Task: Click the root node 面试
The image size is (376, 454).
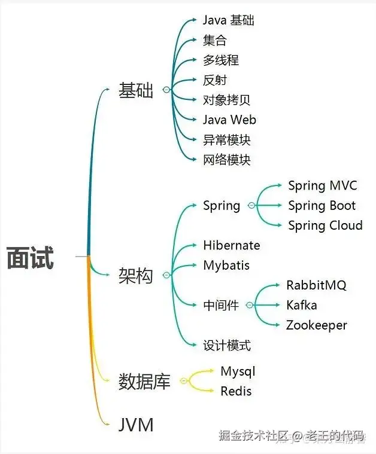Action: [31, 258]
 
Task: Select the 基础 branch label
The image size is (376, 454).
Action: [136, 90]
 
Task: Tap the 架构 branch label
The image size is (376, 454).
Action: [136, 276]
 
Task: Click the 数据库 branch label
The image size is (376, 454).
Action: [144, 381]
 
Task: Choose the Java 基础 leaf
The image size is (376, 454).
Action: [228, 20]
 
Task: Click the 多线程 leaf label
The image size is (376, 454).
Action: [221, 60]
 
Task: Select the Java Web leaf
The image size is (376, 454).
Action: [229, 120]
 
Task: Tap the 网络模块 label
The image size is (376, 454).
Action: [226, 160]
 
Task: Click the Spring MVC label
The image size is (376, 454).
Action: [322, 186]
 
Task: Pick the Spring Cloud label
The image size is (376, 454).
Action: [325, 226]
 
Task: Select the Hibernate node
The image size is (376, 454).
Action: [231, 245]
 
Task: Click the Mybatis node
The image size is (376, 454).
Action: [226, 265]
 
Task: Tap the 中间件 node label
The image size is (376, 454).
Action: [220, 306]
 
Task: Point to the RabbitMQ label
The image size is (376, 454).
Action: [316, 285]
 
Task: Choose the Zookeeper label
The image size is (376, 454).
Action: [316, 325]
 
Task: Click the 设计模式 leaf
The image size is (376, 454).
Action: [226, 345]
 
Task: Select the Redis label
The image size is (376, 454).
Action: [236, 391]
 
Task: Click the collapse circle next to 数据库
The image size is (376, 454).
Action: [183, 381]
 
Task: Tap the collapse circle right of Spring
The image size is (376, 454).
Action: [250, 206]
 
